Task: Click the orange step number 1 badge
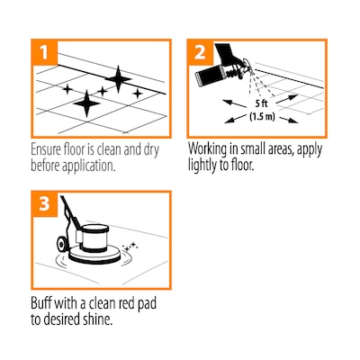tap(45, 52)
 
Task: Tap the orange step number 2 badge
tap(200, 52)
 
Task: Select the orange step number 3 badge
tap(45, 204)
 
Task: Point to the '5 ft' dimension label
tap(261, 103)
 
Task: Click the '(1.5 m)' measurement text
tap(262, 116)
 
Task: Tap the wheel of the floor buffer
tap(62, 245)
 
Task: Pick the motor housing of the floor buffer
tap(94, 238)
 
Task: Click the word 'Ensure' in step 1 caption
tap(46, 149)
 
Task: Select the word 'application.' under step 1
tap(88, 166)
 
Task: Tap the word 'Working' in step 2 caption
tap(207, 149)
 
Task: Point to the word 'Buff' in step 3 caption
tap(40, 303)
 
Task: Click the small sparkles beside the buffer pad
tap(130, 247)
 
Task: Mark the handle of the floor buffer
tap(68, 211)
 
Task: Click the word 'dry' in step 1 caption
tap(151, 150)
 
